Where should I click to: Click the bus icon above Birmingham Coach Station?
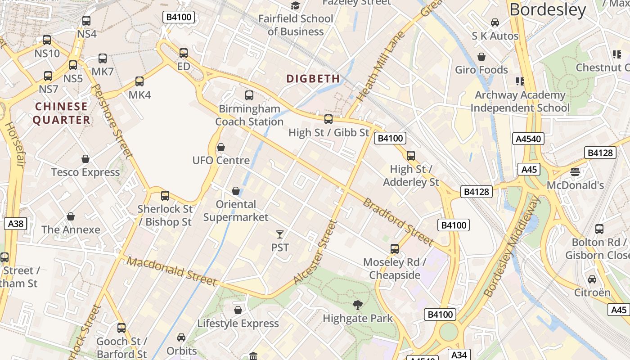click(x=249, y=95)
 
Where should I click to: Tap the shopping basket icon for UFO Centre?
click(x=221, y=147)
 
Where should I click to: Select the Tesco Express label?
click(x=85, y=172)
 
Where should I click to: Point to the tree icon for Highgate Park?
click(x=358, y=305)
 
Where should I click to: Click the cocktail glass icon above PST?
click(x=280, y=234)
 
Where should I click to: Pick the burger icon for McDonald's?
click(x=575, y=172)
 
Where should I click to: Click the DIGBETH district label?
click(x=313, y=79)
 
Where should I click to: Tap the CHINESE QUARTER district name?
click(x=61, y=113)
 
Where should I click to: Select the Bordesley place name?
click(x=548, y=10)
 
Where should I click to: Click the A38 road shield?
click(x=15, y=223)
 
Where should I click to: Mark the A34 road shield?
click(x=459, y=355)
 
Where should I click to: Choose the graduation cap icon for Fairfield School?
click(x=295, y=5)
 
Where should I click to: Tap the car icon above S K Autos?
click(x=495, y=22)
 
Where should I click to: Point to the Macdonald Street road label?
click(x=172, y=271)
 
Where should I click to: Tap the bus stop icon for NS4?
click(x=86, y=21)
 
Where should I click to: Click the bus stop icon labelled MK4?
click(x=139, y=81)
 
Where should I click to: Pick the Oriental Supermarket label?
click(x=236, y=211)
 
